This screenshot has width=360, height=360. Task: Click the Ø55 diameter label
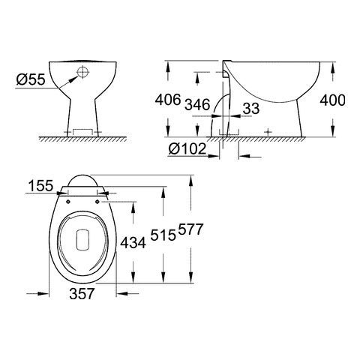coord(31,79)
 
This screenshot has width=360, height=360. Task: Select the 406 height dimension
coord(168,100)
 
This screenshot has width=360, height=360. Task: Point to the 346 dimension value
coord(197,104)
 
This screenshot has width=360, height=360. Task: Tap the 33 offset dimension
coord(251,109)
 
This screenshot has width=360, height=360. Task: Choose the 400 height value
coord(333,100)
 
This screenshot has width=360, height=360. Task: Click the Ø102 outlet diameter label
coord(187,148)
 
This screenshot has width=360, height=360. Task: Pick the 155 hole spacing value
coord(40,186)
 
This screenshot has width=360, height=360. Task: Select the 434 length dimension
coord(133,242)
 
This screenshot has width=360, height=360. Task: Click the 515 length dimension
coord(163,235)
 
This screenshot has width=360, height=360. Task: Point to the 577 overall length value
coord(190,229)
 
